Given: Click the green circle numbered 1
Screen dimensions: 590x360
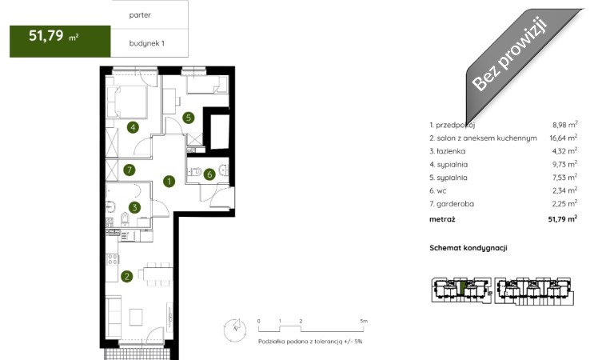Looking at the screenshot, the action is pos(169,182).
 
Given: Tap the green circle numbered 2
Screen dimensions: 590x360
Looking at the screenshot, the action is pos(127,277).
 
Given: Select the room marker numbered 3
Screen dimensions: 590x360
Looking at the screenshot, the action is pos(134,207).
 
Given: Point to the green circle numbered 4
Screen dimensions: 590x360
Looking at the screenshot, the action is pos(133,127).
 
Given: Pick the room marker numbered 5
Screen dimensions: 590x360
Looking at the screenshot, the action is pos(189,118).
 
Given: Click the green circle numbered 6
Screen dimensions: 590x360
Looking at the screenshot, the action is pos(209,174).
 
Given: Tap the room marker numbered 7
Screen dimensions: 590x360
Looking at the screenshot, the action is pos(130,170).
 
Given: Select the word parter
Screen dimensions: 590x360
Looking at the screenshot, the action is pos(140,15).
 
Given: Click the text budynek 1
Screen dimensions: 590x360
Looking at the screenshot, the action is pos(147,43).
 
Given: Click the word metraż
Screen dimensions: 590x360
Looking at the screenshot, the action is pos(442,218).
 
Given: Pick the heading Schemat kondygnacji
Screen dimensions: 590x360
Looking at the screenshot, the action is pos(468,248).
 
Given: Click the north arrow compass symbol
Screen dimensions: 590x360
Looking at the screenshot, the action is pos(235,329).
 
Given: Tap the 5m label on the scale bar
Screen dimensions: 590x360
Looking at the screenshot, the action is pos(364,322).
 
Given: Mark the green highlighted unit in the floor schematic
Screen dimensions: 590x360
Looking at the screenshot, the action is pos(463,288).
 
